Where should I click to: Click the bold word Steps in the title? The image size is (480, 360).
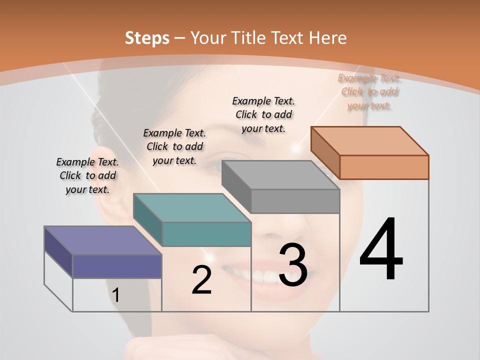(147, 38)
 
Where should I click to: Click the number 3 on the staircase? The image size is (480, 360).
(293, 265)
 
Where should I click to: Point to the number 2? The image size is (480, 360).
(201, 280)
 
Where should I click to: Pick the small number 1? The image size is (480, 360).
(116, 295)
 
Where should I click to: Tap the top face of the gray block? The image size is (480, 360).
(280, 175)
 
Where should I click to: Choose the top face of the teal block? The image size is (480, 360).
(192, 207)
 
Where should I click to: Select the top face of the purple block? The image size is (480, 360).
(103, 240)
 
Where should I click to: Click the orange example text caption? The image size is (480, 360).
(369, 92)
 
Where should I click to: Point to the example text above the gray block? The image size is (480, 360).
(263, 114)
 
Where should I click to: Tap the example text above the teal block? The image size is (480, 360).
(174, 146)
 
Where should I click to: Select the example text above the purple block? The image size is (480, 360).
(87, 175)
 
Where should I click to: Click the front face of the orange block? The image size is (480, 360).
(384, 167)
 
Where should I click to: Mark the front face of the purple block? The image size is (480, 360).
(117, 266)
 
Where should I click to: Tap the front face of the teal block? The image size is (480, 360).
(206, 234)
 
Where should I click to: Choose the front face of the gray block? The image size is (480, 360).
(295, 201)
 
